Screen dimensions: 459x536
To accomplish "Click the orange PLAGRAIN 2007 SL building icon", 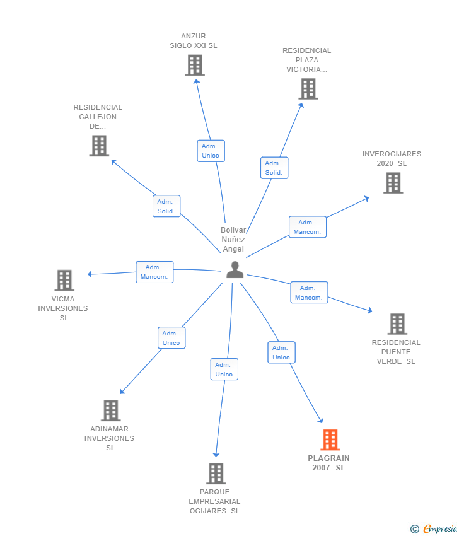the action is (x=330, y=440).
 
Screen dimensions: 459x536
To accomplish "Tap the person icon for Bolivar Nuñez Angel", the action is (x=235, y=270).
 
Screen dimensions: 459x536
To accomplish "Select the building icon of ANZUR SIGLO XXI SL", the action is (x=195, y=66).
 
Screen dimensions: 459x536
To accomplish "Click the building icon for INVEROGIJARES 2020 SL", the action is (x=393, y=183).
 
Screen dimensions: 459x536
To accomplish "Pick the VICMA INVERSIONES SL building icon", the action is (x=64, y=281).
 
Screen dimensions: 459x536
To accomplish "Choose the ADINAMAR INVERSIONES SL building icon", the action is (x=111, y=411).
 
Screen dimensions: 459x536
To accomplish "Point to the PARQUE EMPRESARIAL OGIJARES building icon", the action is (x=216, y=474).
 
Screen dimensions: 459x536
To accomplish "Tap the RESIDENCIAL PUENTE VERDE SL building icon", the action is (x=397, y=323).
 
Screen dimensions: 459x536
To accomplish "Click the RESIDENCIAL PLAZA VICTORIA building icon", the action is (x=308, y=89).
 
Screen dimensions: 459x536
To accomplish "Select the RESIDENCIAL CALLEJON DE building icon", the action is (x=99, y=146).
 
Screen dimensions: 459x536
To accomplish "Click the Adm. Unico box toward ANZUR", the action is (x=211, y=151).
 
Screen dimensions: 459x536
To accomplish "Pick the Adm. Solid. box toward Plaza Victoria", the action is (x=274, y=168).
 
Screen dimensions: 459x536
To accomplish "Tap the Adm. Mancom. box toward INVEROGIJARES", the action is (x=308, y=227).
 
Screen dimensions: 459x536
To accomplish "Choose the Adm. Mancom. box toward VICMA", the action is (x=154, y=272).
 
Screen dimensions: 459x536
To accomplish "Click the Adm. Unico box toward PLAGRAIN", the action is (x=281, y=352).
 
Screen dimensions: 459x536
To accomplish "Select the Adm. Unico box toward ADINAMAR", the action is (x=171, y=338).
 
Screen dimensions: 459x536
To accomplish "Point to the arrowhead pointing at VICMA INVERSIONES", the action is (x=90, y=274).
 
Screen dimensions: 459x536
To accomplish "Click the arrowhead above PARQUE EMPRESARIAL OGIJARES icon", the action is (x=216, y=455).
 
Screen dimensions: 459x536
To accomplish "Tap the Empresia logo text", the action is (x=440, y=529).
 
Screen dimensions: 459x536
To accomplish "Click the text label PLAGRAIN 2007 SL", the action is (x=328, y=463).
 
